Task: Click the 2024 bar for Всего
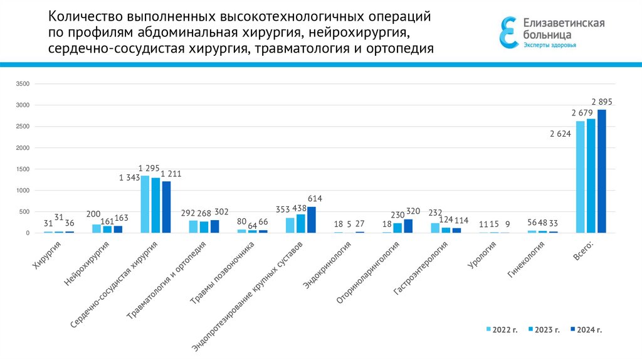(601, 171)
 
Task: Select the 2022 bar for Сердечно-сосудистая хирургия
(145, 204)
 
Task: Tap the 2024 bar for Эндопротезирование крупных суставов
(312, 220)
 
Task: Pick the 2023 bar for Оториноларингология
(397, 228)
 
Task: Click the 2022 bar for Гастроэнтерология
(435, 228)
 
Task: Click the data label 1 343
(129, 178)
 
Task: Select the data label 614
(314, 199)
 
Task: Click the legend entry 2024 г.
(586, 329)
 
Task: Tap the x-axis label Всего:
(583, 255)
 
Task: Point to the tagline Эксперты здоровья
(550, 45)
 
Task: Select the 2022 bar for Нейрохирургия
(96, 229)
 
